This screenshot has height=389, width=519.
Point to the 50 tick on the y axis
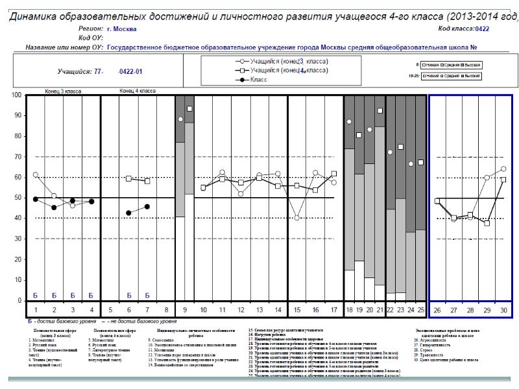tap(17, 198)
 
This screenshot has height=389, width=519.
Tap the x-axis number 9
tap(184, 311)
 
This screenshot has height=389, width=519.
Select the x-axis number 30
tap(503, 311)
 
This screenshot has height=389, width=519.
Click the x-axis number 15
tap(296, 311)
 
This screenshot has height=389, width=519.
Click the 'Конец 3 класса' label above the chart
tap(63, 91)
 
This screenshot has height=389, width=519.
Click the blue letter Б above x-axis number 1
tap(35, 295)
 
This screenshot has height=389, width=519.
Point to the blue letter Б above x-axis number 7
tap(147, 295)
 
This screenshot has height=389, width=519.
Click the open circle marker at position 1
tap(35, 175)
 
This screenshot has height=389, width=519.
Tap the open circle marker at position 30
tap(503, 169)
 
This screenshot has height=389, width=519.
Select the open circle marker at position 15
tap(296, 218)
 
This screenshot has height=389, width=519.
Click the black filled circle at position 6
tap(128, 213)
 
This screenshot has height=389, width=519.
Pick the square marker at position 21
tap(380, 111)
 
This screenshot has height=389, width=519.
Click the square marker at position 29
tap(487, 223)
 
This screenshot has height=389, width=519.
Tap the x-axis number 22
tap(390, 311)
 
